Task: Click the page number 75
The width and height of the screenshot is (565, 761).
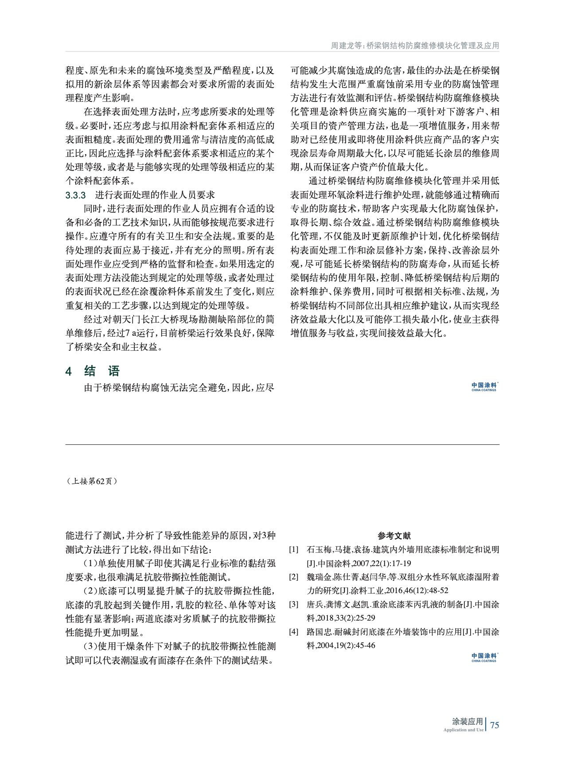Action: tap(495, 725)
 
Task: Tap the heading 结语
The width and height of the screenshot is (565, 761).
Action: tap(102, 371)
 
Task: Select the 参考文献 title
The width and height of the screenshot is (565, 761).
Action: tap(394, 536)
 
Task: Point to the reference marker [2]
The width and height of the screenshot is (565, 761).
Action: tap(294, 577)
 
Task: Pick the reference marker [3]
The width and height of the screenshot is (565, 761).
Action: tap(294, 605)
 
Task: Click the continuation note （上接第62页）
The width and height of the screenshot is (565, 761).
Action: tap(92, 481)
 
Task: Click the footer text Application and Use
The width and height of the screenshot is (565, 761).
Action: tap(463, 730)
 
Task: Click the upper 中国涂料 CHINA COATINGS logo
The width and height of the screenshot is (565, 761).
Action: tap(484, 387)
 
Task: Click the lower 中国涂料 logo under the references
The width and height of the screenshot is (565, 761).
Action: tap(484, 658)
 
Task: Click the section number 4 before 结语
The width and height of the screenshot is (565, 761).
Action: tap(69, 372)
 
